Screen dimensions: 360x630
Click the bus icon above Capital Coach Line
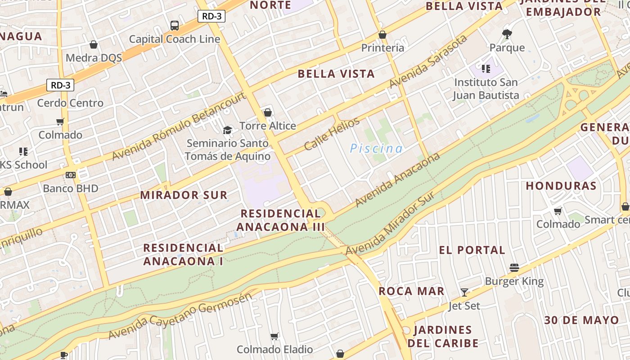[175, 26]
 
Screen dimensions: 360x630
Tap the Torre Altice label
[268, 126]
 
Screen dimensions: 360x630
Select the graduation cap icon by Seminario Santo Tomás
[228, 130]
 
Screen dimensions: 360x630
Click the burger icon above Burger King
[514, 268]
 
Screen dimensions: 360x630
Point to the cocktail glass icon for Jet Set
[464, 292]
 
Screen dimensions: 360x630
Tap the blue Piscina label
[376, 148]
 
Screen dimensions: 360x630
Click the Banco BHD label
[70, 188]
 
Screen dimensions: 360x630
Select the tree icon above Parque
[507, 34]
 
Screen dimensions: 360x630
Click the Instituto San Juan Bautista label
[486, 89]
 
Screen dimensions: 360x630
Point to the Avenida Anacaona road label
[397, 180]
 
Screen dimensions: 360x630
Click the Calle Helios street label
[332, 134]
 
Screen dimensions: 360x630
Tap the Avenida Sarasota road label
[428, 62]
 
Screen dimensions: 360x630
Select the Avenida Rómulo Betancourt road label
[179, 126]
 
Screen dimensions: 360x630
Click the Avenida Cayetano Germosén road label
[180, 316]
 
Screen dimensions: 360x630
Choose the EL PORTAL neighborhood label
[472, 250]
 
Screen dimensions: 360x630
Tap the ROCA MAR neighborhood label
[411, 291]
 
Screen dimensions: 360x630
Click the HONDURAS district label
[561, 185]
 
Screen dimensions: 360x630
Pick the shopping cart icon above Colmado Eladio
[274, 337]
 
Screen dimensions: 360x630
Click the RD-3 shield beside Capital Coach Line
[211, 16]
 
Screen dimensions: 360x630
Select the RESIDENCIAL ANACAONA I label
[183, 254]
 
